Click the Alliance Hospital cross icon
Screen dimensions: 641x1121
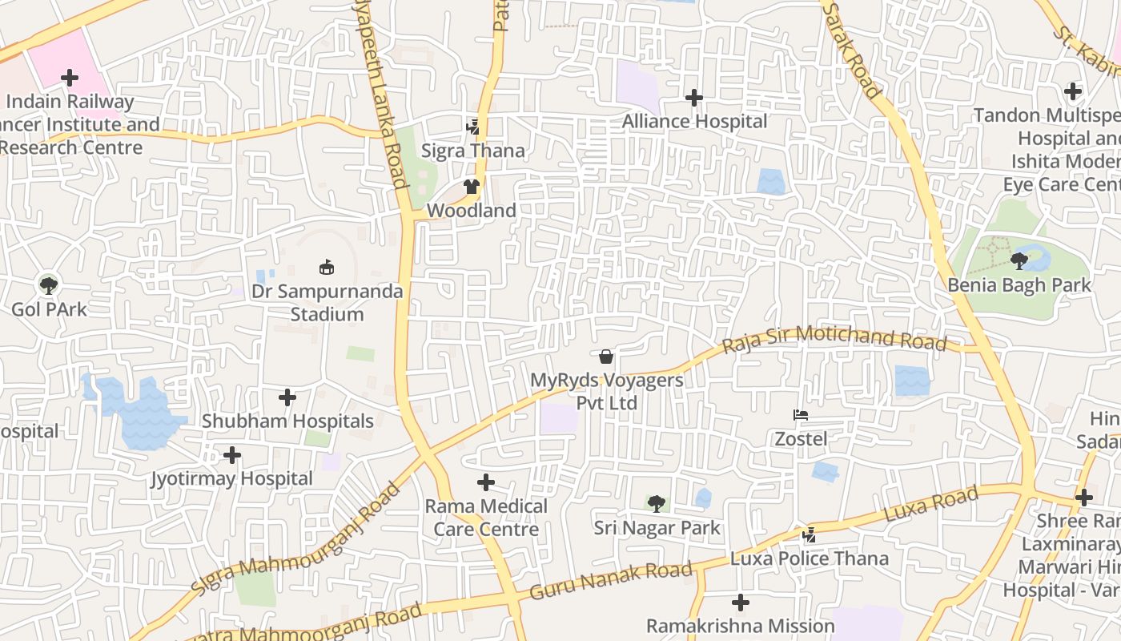coord(694,98)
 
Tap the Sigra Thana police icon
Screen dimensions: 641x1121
coord(472,127)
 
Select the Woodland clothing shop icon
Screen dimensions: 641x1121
coord(471,187)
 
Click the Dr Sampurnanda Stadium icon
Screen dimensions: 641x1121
coord(327,267)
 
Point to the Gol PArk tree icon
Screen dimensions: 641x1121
coord(49,284)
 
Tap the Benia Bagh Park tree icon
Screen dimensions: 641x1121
coord(1019,260)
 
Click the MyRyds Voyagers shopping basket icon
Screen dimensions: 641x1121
coord(606,356)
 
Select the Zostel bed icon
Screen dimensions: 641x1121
coord(801,415)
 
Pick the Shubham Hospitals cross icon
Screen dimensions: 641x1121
coord(287,397)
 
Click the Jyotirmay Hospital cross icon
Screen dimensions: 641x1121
coord(232,455)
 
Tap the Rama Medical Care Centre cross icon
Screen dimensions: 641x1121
coord(486,482)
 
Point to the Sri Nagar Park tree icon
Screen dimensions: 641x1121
coord(657,504)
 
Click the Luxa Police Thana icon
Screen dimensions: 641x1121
coord(810,534)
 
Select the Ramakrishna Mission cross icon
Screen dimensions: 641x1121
coord(741,602)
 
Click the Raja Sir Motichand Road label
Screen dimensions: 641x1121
coord(834,338)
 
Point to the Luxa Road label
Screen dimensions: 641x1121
coord(930,505)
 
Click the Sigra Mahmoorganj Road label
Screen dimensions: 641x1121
coord(295,540)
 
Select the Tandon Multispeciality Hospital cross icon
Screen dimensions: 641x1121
coord(1073,91)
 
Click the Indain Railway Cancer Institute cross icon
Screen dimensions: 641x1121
coord(70,78)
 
